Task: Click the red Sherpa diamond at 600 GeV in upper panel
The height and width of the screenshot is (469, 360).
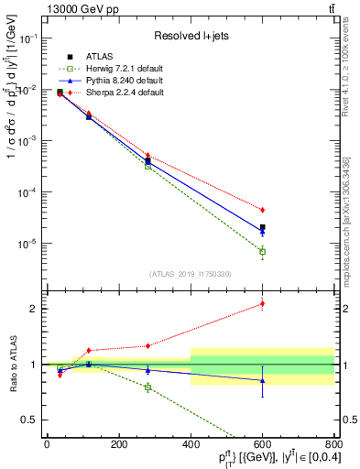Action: click(x=262, y=210)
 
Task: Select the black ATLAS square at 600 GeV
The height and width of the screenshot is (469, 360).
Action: click(x=262, y=227)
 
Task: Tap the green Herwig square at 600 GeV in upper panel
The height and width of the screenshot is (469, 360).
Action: click(x=262, y=251)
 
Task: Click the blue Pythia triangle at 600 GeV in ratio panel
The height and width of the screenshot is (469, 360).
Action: click(x=262, y=380)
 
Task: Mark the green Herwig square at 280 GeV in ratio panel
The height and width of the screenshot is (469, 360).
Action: click(x=147, y=387)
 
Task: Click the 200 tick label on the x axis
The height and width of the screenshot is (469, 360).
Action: click(x=118, y=444)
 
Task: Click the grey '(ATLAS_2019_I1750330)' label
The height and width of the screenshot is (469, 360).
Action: click(x=190, y=274)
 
